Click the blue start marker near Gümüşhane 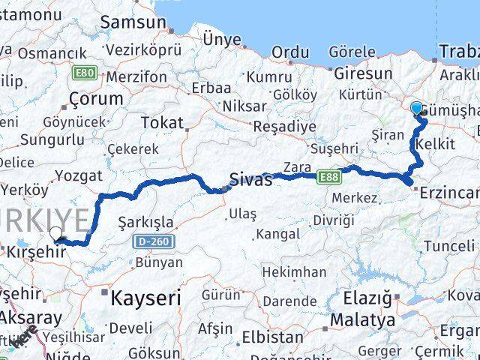[417, 108]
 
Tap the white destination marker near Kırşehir [55, 233]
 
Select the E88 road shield [327, 177]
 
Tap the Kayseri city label [145, 298]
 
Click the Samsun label [135, 22]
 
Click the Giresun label [363, 73]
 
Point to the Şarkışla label [146, 223]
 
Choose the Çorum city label [95, 99]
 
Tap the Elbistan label [278, 337]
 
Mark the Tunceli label [448, 246]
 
